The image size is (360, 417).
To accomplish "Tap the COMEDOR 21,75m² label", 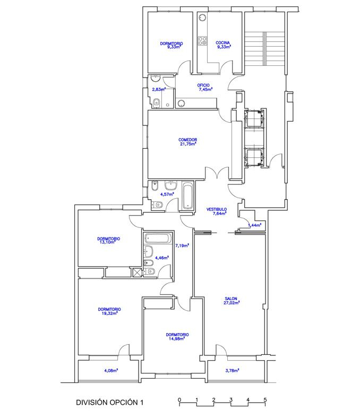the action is tap(188, 142).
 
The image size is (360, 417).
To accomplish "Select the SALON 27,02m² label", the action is tap(232, 301).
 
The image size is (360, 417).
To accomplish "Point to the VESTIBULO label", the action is tap(217, 209).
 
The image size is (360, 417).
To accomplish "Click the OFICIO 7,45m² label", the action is tap(204, 87).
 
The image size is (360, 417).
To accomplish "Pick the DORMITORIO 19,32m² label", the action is tap(109, 311).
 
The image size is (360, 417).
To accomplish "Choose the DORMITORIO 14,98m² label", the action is tap(177, 336).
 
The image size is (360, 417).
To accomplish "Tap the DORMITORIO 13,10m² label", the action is tap(108, 241).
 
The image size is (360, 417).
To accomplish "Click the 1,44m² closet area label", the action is tap(254, 225).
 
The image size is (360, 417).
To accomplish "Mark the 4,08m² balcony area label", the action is tap(111, 370).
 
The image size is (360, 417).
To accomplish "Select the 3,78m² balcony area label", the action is tap(232, 370).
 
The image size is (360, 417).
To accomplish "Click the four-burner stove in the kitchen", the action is tap(203, 41).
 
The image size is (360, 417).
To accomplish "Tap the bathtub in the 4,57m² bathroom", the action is tap(188, 194).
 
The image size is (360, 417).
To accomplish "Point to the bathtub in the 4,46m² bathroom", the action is tap(157, 238).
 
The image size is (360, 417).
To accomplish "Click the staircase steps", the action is tap(264, 49).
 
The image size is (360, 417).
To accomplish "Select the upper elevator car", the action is tap(254, 118).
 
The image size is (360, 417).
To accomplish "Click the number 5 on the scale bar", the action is tap(265, 399).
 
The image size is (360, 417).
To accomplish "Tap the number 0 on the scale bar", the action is tap(179, 399).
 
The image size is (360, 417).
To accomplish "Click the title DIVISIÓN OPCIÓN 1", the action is tap(109, 402).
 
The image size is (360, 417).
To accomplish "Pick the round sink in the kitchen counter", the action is tap(202, 18).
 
